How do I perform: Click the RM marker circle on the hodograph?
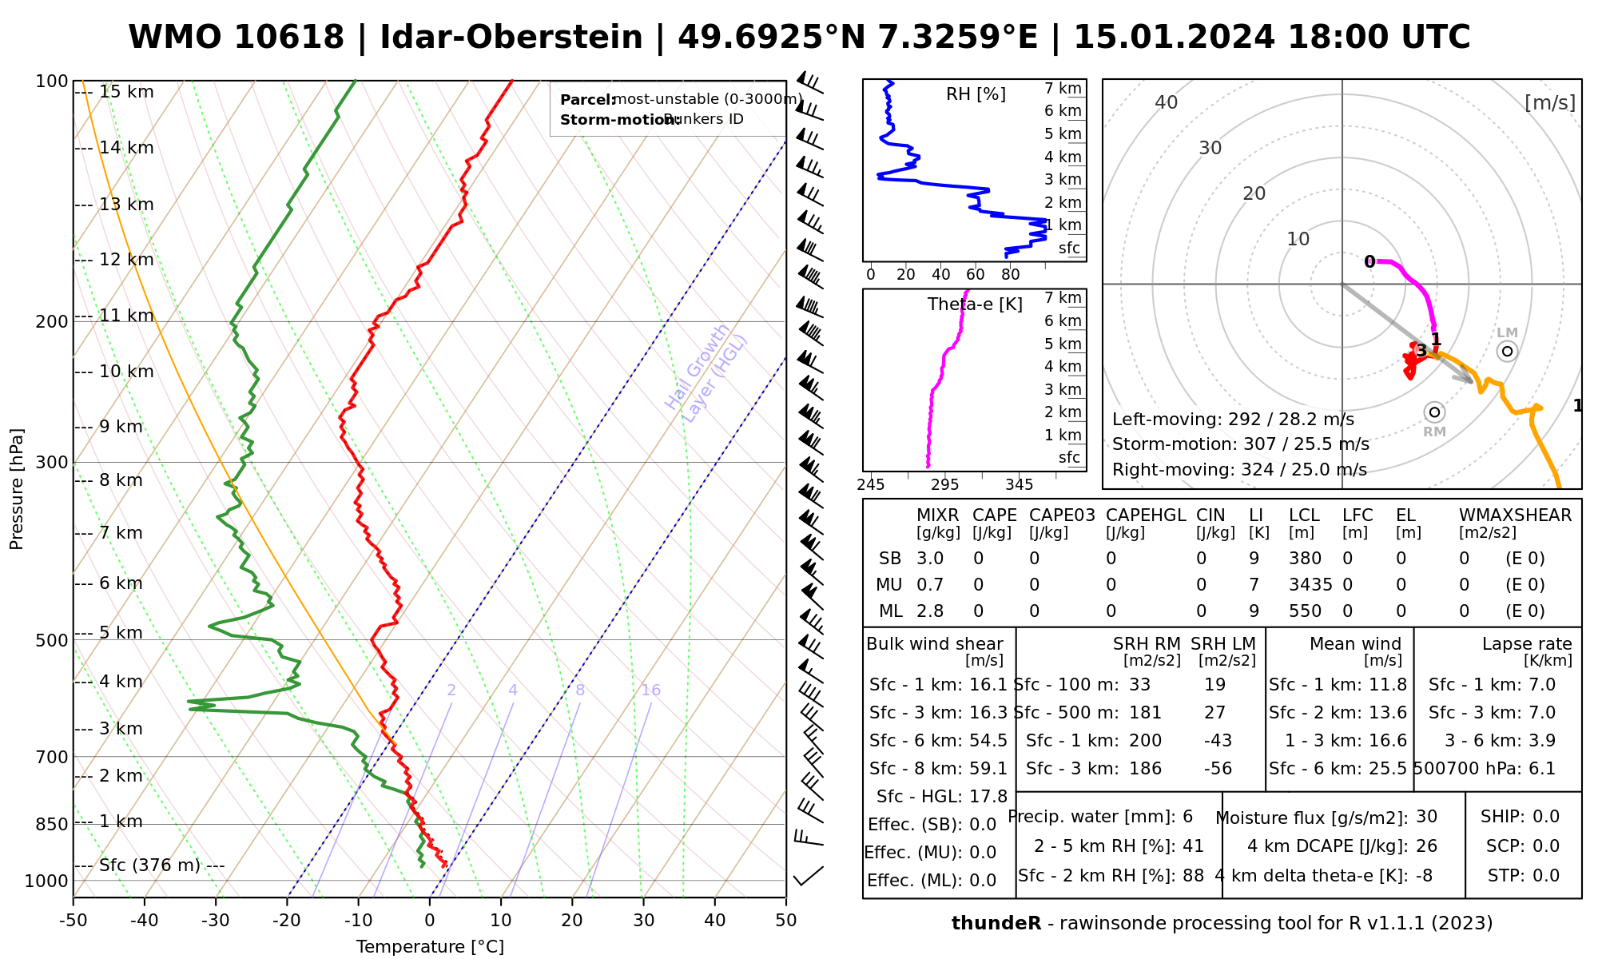(1434, 412)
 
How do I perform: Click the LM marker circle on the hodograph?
(1507, 351)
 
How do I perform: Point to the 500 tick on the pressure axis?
(52, 641)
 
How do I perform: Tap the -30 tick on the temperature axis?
(216, 921)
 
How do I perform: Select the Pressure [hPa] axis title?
(17, 489)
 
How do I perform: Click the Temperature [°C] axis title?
(430, 947)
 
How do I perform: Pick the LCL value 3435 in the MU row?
(1310, 585)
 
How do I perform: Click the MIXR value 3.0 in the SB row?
(930, 559)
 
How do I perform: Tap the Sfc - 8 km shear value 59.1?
(988, 769)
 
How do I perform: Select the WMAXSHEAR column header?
(1515, 515)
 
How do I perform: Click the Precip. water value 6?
(1187, 817)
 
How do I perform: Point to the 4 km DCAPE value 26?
(1426, 846)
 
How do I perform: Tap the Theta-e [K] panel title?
(975, 304)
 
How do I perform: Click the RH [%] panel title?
(976, 94)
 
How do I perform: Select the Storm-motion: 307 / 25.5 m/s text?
(1240, 444)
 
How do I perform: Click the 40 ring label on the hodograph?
(1167, 102)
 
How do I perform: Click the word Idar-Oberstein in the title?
(511, 38)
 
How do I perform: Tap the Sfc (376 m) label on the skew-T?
(150, 865)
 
